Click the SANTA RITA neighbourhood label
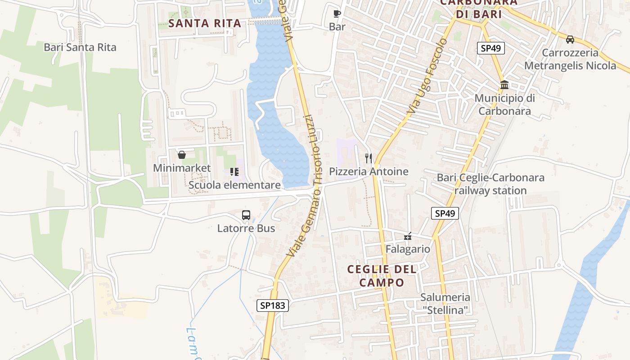(205, 23)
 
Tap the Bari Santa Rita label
(80, 47)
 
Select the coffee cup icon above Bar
(337, 14)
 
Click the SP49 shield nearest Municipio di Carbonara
(490, 48)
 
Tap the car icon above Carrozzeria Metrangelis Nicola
(570, 40)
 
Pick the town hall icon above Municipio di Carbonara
(504, 85)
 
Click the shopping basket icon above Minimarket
(182, 155)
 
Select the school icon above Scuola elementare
(234, 172)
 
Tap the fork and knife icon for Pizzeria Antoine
(369, 158)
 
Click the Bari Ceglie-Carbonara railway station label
(490, 184)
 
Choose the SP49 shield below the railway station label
(445, 213)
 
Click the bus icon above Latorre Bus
(246, 215)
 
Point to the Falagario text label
(408, 249)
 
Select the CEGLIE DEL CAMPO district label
(382, 276)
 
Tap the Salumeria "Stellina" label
(445, 303)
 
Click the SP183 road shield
(273, 306)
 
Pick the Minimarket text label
(182, 168)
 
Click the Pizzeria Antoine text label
(369, 171)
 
